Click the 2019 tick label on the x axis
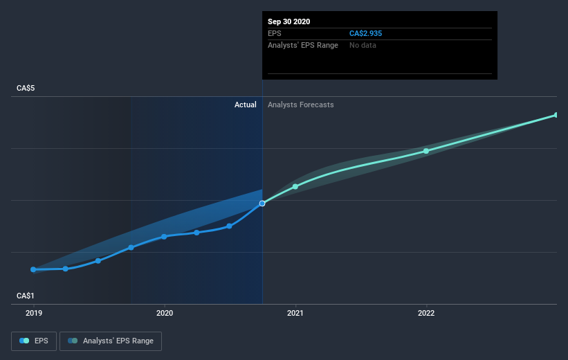pos(33,313)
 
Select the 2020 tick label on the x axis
pos(164,313)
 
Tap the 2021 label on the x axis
pos(295,313)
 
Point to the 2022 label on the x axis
pos(426,313)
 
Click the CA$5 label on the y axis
pos(27,89)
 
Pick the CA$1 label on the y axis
pos(27,296)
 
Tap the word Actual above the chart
pos(245,105)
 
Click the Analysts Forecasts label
pos(301,105)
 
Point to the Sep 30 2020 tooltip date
pos(289,21)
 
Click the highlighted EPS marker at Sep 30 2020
pos(262,204)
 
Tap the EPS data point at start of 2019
pos(33,269)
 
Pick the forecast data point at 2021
pos(295,186)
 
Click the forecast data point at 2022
pos(426,151)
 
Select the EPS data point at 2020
pos(164,236)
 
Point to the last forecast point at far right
pos(556,115)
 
